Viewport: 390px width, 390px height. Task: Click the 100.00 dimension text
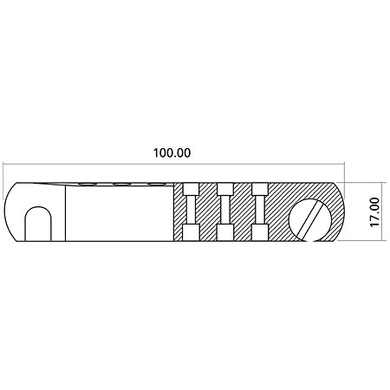point(172,153)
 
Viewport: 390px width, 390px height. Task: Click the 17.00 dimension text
point(374,212)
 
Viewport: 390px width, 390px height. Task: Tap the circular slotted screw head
point(310,218)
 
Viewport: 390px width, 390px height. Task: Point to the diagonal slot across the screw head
point(309,219)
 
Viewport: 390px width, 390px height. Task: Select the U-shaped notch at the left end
point(38,224)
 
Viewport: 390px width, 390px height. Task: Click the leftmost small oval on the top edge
point(87,184)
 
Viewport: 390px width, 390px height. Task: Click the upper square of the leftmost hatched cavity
point(191,189)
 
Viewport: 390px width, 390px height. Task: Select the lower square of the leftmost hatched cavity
point(191,232)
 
